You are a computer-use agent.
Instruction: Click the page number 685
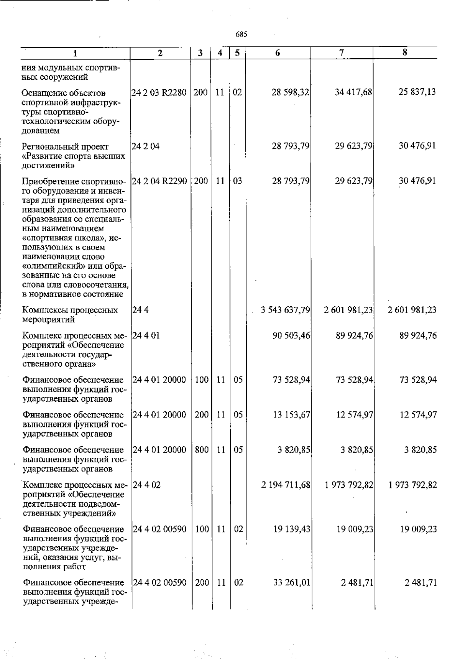pos(241,35)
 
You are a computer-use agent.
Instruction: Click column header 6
pos(278,53)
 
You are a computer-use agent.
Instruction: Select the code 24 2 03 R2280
pos(159,92)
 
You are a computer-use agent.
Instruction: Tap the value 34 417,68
pos(353,92)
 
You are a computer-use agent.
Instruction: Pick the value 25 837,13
pos(417,92)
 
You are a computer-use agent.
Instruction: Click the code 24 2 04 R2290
pos(159,181)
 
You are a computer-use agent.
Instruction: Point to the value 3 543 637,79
pos(285,310)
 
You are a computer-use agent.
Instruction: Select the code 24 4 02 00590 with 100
pos(159,529)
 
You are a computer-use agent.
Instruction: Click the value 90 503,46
pos(291,336)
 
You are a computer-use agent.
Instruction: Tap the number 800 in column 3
pos(202,450)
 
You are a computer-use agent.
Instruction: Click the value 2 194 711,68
pos(286,485)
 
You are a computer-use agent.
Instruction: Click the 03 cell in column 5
pos(238,181)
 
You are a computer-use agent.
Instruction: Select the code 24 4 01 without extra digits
pos(146,336)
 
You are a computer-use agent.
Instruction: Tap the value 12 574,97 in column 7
pos(354,415)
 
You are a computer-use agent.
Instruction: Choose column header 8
pos(405,53)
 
